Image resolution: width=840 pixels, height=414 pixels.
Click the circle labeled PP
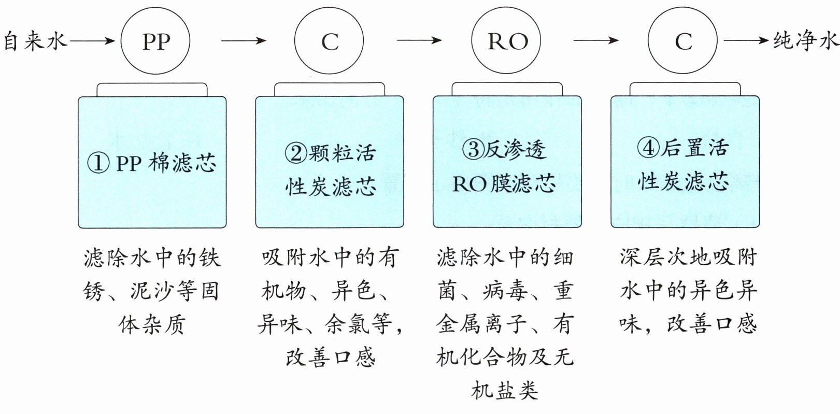155,41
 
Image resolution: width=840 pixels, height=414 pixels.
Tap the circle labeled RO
506,41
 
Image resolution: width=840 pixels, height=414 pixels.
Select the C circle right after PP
329,41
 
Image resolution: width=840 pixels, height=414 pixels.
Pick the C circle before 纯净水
683,41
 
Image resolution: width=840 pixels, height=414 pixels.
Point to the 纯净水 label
806,40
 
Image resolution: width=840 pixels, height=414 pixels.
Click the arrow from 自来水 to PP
92,40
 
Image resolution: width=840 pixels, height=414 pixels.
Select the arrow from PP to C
243,40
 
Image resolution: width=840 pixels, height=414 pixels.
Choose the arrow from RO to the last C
596,40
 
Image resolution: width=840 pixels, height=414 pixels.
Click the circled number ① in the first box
98,163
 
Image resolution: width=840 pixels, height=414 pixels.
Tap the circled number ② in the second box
296,152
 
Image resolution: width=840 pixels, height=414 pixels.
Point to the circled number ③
473,150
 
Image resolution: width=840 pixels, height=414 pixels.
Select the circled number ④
648,148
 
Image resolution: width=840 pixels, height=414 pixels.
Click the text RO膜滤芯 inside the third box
504,183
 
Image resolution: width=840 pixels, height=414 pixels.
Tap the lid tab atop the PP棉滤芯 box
152,89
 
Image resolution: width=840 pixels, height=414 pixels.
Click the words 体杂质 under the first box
151,324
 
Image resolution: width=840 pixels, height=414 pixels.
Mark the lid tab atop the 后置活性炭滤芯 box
685,89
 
